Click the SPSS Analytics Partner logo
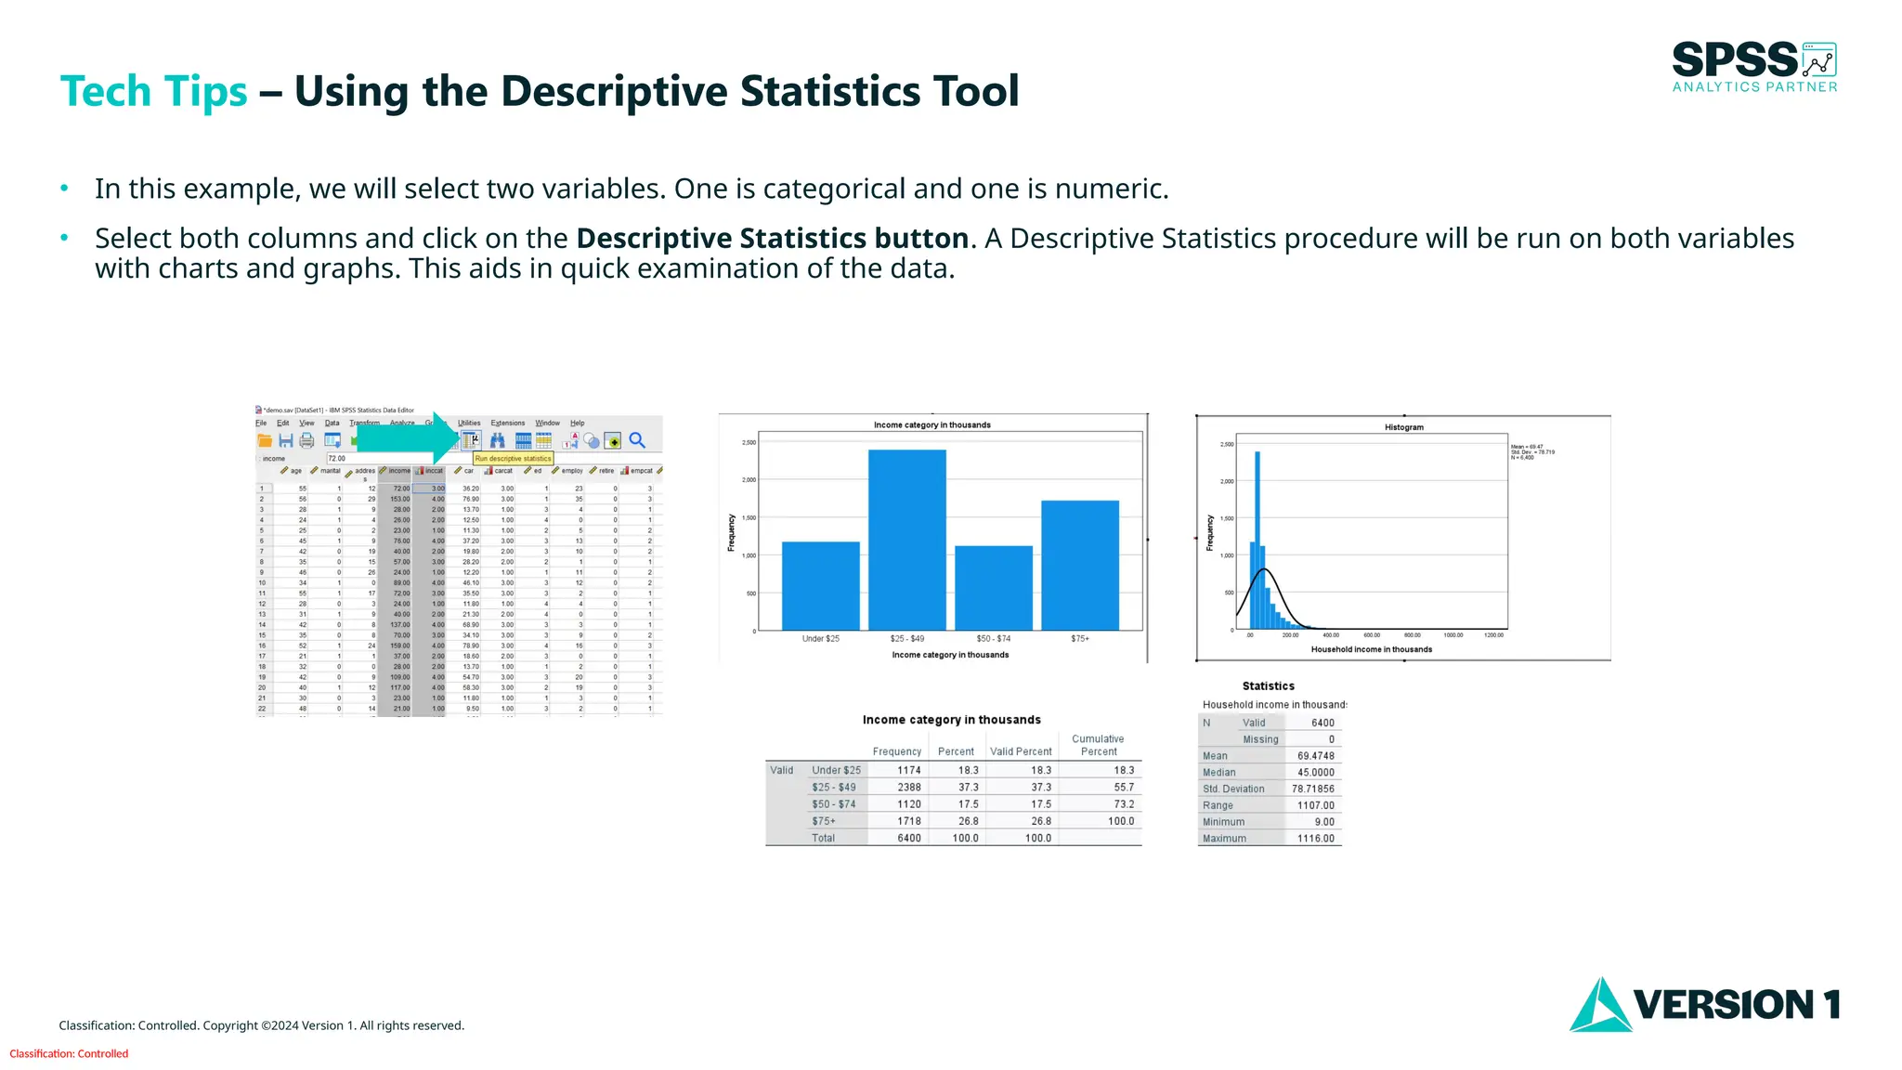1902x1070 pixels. point(1753,67)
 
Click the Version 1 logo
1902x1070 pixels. point(1704,1004)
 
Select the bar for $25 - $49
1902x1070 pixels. point(906,540)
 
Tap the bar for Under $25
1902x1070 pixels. point(820,585)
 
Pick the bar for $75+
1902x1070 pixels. point(1079,565)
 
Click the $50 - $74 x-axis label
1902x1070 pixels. point(993,639)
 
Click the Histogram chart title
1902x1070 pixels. point(1403,427)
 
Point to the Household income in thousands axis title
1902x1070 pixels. point(1371,649)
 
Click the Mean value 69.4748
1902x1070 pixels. point(1315,756)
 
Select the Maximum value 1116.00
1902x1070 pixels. point(1315,839)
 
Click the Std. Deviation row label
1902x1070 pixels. point(1233,789)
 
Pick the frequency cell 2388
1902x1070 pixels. point(908,788)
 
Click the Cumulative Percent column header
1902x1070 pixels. point(1098,745)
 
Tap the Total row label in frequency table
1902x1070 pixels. point(823,839)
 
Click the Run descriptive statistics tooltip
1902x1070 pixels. point(513,459)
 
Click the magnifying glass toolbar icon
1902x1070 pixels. point(637,440)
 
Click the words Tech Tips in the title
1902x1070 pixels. point(153,92)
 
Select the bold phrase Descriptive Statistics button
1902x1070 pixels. point(772,239)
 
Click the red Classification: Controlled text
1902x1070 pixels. point(69,1054)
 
